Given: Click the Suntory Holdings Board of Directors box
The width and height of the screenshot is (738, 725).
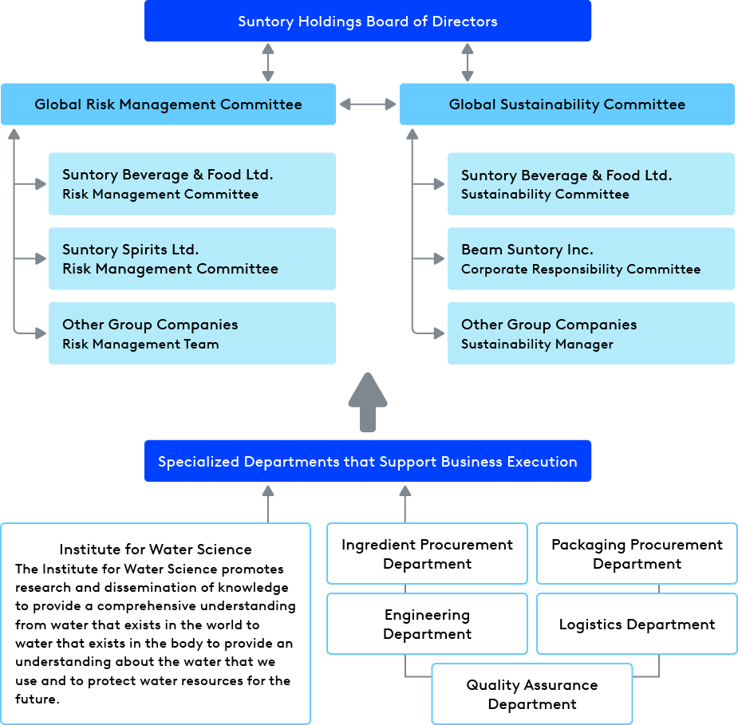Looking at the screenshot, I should [x=367, y=22].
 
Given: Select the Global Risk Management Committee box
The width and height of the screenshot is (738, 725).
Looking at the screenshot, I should [x=168, y=104].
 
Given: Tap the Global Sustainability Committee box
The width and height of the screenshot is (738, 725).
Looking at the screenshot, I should [x=566, y=104].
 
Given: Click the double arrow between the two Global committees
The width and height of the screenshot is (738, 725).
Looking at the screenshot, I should [x=368, y=104].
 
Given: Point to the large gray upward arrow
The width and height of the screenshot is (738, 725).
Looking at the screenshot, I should [x=368, y=402].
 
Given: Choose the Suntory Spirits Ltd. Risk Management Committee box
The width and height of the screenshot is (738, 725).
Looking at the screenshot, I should [x=191, y=259].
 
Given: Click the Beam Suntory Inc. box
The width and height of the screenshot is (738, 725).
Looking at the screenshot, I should [x=590, y=259].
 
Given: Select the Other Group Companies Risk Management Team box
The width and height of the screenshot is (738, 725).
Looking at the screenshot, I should [x=191, y=333].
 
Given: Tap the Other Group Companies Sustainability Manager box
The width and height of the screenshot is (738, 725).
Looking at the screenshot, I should [x=590, y=333].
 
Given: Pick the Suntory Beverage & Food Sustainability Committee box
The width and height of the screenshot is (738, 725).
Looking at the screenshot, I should [x=590, y=184].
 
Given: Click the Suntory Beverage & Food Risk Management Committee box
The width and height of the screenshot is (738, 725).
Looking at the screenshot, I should [x=191, y=184].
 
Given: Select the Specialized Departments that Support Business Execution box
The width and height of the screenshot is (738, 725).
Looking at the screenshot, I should [x=367, y=462].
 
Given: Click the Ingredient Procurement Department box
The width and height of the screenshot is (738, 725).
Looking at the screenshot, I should [x=427, y=554].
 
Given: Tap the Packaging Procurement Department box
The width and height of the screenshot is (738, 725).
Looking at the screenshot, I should [x=637, y=554].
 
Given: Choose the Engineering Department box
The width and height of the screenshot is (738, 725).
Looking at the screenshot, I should [x=427, y=625].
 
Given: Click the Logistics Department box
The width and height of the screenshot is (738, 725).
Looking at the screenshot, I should [x=637, y=625].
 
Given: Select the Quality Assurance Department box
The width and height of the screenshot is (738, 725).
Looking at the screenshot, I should [x=532, y=695].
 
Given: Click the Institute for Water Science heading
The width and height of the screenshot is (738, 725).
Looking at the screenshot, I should [x=156, y=550].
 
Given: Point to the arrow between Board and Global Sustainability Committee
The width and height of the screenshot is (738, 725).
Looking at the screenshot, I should [x=467, y=62].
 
